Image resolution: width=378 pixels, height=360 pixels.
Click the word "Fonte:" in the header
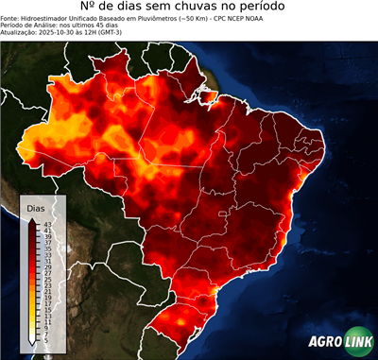11,17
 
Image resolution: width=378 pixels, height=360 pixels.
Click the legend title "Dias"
36,208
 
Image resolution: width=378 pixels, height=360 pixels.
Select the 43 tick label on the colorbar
47,223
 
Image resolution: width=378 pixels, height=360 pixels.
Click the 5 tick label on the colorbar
46,337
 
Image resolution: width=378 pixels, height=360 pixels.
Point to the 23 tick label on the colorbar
47,283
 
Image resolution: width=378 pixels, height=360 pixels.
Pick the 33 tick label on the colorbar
47,253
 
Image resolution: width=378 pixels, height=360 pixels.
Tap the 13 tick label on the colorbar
47,314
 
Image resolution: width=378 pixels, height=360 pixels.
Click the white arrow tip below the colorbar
32,342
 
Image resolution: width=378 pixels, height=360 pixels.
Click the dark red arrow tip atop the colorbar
32,219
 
